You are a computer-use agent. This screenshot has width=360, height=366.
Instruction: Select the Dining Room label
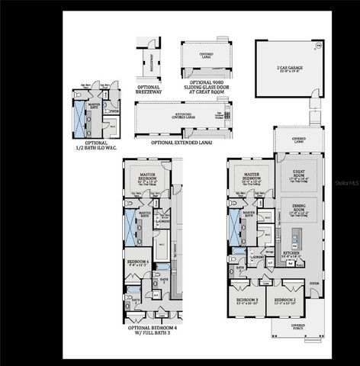(293, 211)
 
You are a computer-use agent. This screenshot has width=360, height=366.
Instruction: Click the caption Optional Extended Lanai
(182, 142)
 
